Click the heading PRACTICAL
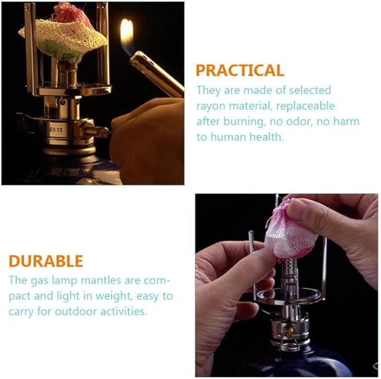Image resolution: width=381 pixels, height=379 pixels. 240,71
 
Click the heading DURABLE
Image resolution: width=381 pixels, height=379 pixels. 45,261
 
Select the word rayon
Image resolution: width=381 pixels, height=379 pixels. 210,106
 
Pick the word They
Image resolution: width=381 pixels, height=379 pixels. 208,90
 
